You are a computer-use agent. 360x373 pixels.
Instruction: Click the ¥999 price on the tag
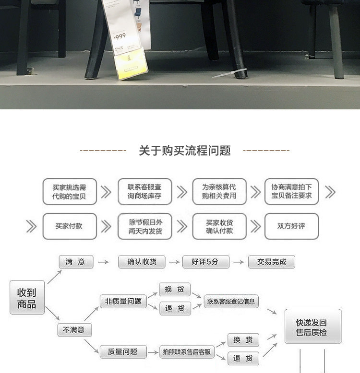pos(120,37)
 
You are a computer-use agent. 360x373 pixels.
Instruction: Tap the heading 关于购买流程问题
pos(185,151)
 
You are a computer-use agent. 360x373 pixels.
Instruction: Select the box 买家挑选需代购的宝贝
pos(70,192)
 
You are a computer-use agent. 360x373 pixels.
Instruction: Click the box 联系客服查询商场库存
pos(144,192)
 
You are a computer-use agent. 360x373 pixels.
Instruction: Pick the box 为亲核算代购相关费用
pos(219,192)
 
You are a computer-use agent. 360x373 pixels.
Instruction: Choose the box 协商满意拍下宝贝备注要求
pos(291,192)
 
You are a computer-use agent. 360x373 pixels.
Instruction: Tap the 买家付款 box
pos(70,226)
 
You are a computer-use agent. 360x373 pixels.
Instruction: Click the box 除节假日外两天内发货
pos(144,226)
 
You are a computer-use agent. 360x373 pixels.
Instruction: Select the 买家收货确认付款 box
pos(219,226)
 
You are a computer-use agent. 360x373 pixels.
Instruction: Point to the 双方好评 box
pos(291,226)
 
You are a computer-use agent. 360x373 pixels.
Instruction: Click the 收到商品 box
pos(27,298)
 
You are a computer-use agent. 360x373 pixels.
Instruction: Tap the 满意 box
pos(75,262)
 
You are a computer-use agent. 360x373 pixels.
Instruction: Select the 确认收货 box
pos(142,262)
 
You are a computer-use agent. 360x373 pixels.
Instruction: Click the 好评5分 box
pos(205,262)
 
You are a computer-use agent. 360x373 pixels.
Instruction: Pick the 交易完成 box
pos(272,262)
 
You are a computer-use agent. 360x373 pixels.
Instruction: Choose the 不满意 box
pos(74,330)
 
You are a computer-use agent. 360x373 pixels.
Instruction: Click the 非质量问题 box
pos(123,301)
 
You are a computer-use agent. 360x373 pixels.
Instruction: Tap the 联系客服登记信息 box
pos(231,302)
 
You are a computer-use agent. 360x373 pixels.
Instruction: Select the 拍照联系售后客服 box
pos(187,352)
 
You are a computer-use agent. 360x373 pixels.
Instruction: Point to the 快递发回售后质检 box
pos(313,326)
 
